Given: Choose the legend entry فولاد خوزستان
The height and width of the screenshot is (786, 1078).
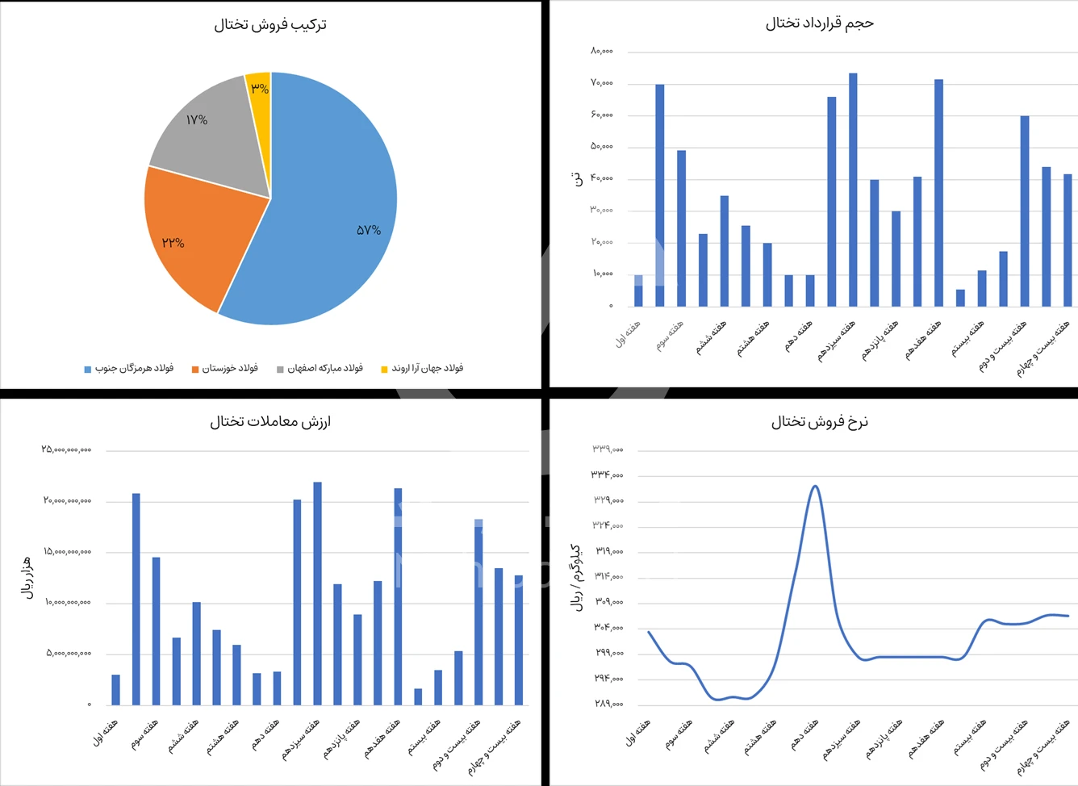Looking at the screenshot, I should point(225,369).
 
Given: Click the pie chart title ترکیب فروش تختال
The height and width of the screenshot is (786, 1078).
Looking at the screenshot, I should point(270,25).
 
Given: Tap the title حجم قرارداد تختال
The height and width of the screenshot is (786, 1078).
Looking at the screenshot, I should point(819,23).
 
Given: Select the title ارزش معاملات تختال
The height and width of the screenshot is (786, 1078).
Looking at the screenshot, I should point(270,421).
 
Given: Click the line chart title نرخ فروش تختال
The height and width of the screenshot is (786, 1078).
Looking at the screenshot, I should point(819,421).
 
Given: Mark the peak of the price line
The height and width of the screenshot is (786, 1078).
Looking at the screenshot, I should point(815,486).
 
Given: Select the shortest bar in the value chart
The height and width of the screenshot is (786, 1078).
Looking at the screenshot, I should point(418,696).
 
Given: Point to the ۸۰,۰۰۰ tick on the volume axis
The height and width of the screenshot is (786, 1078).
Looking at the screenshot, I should point(602,51).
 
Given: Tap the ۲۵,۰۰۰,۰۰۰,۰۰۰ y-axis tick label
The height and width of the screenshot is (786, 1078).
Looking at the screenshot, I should point(66,449).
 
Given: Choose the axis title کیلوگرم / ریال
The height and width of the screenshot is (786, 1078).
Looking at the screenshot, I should point(576,577).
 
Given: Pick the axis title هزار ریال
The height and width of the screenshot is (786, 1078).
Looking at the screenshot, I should point(27,577).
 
